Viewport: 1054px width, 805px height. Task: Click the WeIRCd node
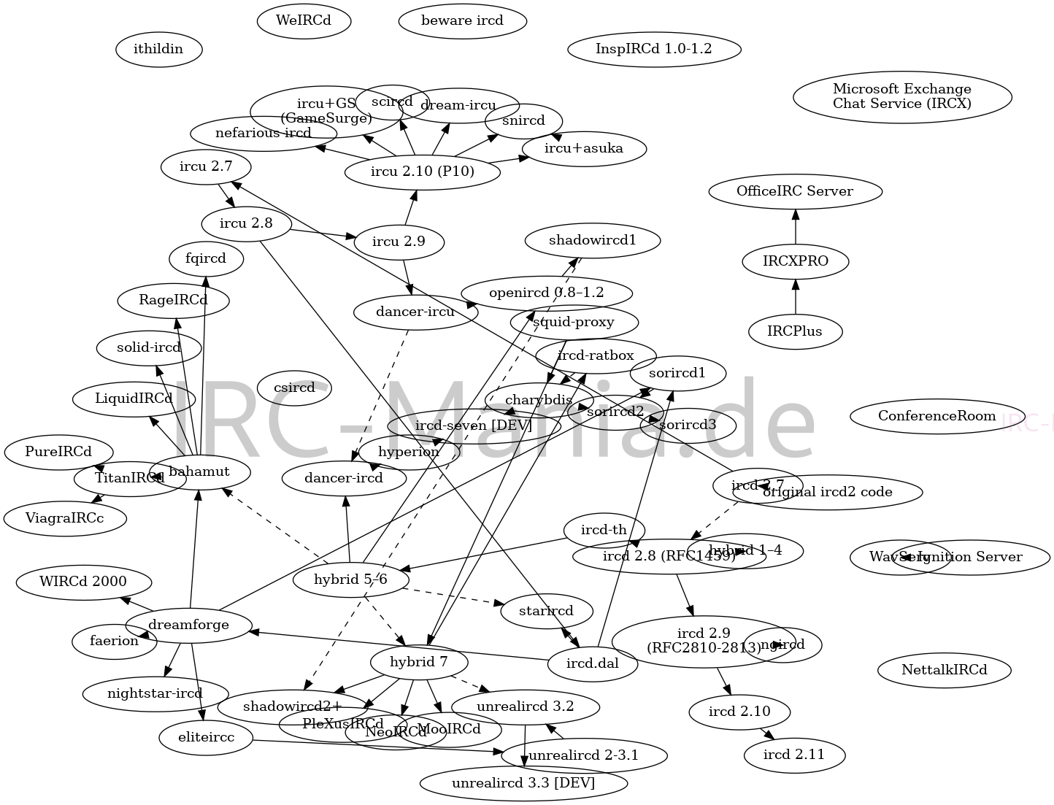tap(304, 20)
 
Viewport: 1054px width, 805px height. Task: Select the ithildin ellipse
tap(158, 50)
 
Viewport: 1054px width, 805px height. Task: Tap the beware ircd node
tap(462, 20)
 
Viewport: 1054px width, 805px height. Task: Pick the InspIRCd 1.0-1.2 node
tap(653, 49)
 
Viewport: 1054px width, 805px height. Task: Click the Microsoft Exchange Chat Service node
tap(901, 96)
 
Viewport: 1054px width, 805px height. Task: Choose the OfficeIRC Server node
tap(794, 191)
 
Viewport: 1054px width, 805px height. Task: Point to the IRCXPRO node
tap(795, 261)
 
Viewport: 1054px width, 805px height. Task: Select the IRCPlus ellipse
tap(795, 331)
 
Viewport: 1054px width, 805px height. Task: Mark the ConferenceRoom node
tap(936, 416)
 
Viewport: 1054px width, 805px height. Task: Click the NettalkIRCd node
tap(944, 670)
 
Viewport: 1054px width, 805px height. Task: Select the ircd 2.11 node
tap(794, 755)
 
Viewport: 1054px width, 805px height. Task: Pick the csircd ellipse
tap(294, 388)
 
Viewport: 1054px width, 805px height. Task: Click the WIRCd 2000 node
tap(83, 582)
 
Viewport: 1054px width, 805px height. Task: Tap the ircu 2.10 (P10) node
tap(422, 172)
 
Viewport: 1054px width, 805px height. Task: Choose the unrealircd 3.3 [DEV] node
tap(523, 783)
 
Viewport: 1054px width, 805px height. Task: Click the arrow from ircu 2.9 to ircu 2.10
tap(410, 208)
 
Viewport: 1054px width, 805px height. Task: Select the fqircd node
tap(205, 258)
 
